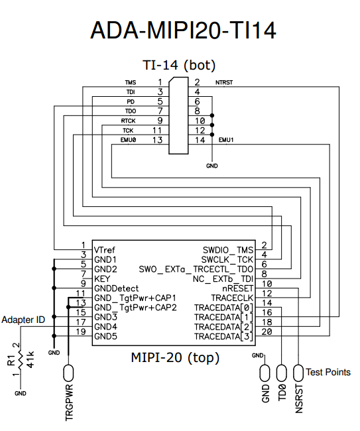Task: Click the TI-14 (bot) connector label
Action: (179, 65)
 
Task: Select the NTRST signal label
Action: (225, 83)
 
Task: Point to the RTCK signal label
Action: (128, 121)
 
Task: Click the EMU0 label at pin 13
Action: (128, 141)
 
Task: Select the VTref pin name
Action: (105, 250)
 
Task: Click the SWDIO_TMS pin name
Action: (227, 250)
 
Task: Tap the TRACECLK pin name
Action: (232, 298)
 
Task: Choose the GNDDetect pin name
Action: (117, 288)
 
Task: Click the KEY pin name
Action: (102, 279)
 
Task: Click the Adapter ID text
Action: (23, 320)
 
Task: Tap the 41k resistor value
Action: (30, 361)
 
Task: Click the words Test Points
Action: (329, 372)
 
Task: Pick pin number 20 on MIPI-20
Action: (267, 332)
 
